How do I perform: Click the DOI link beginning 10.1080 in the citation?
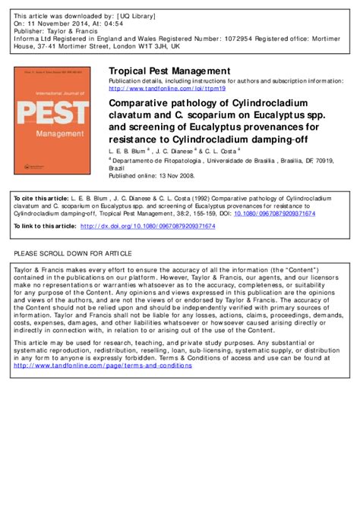(x=276, y=213)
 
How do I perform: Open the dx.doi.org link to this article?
(x=147, y=226)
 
